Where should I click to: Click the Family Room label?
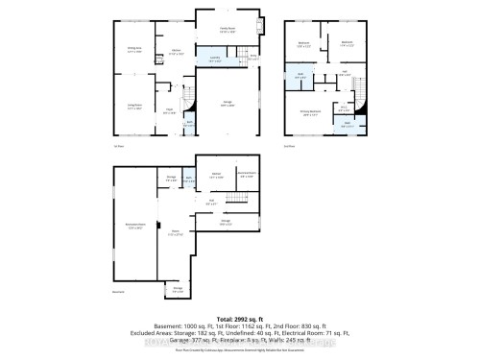click(x=228, y=31)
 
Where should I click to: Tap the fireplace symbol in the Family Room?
click(x=260, y=28)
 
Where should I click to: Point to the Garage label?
click(x=228, y=105)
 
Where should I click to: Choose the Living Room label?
click(x=134, y=108)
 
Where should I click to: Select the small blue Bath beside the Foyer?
click(x=190, y=123)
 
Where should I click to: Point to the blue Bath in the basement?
click(x=189, y=179)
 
